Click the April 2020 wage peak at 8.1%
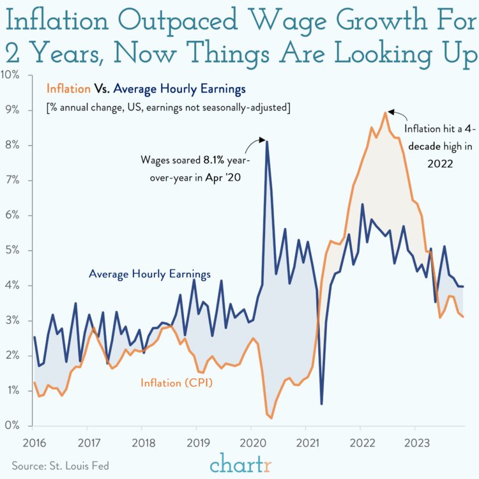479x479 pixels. pos(267,141)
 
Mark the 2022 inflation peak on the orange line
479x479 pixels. pos(384,112)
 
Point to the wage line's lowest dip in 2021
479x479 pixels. pos(321,404)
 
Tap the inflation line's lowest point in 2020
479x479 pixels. pos(272,418)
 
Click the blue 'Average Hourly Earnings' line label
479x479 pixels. pos(149,274)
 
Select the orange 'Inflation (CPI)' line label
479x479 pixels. pos(176,383)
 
